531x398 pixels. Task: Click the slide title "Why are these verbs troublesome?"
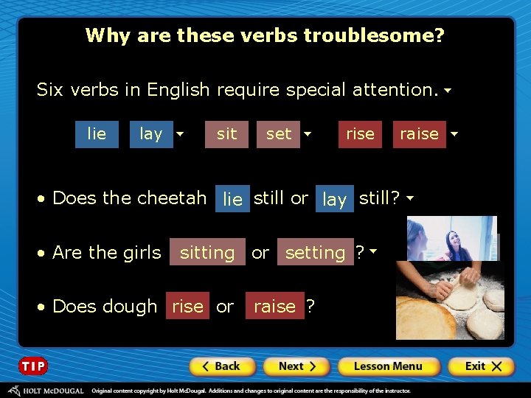click(265, 35)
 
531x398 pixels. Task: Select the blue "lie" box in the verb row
click(97, 134)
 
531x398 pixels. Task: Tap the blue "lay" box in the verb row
click(151, 134)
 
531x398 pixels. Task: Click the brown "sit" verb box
click(227, 134)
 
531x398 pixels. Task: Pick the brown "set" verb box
click(279, 134)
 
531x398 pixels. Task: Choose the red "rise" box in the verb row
click(360, 134)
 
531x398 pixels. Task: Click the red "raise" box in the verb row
click(419, 134)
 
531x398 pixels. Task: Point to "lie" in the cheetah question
click(232, 199)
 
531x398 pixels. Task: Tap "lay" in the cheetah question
click(335, 199)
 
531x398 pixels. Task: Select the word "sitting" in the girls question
click(207, 253)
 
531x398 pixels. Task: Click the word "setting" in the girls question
click(315, 253)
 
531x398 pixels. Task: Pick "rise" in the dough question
click(187, 307)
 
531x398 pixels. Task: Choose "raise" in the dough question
click(274, 307)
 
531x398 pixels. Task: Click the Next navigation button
click(296, 366)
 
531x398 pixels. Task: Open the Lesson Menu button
click(388, 366)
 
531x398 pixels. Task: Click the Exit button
click(480, 366)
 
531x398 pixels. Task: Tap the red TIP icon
click(33, 366)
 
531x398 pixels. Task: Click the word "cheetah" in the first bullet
click(171, 198)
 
